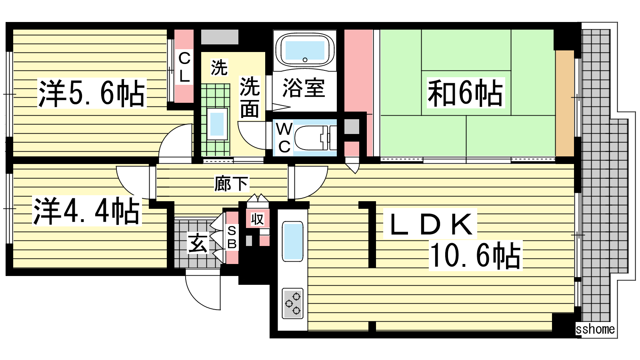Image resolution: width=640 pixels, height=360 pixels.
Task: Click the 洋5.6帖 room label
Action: click(x=92, y=94)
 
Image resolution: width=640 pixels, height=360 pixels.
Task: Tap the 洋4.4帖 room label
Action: click(x=87, y=211)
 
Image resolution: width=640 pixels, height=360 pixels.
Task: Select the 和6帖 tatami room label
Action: click(x=466, y=93)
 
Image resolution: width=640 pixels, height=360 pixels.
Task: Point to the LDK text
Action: click(x=430, y=224)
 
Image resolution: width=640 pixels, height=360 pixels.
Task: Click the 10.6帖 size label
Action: click(x=476, y=256)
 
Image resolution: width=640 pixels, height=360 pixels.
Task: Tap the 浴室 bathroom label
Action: click(x=304, y=88)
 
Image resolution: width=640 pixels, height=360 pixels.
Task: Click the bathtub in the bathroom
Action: click(x=305, y=50)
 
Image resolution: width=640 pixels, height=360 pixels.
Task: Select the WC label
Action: click(x=284, y=138)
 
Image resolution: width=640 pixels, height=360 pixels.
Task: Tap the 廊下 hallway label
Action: click(x=232, y=184)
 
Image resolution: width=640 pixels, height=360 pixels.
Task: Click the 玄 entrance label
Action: click(x=198, y=242)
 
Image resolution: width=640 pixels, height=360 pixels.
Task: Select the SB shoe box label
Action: click(x=232, y=237)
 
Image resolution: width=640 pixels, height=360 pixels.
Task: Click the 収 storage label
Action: click(x=257, y=219)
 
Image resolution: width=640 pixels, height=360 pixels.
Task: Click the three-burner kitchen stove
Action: click(x=292, y=304)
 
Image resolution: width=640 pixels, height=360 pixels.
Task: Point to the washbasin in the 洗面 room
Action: click(x=217, y=124)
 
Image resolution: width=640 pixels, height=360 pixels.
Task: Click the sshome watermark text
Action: click(x=595, y=330)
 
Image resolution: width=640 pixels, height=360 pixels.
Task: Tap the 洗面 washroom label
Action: click(x=250, y=97)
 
